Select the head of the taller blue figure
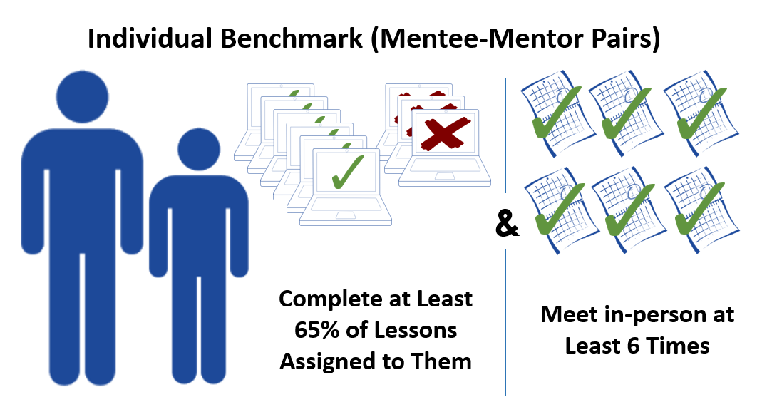click(85, 93)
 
